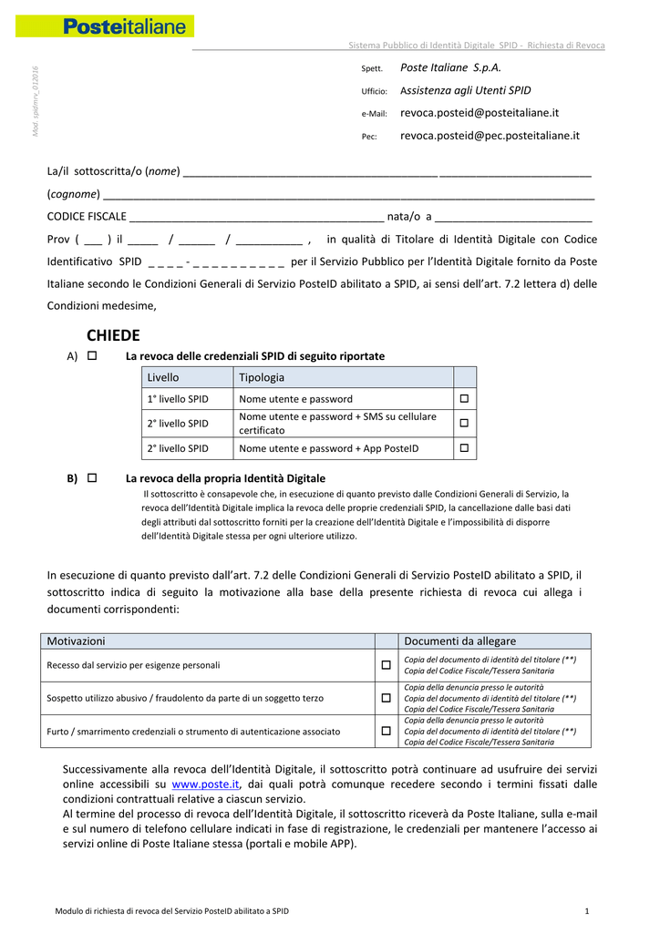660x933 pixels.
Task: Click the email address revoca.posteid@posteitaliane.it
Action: tap(480, 113)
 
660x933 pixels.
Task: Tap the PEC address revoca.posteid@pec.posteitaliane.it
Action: tap(490, 136)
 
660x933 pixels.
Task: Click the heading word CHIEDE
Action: tap(113, 336)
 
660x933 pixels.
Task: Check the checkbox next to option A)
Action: tap(92, 355)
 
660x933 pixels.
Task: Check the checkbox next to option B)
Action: tap(92, 477)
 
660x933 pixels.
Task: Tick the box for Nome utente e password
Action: tap(464, 399)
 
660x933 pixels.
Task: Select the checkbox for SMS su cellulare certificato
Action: tap(464, 423)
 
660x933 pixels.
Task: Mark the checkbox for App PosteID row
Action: tap(464, 448)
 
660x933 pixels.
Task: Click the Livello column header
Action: tap(163, 377)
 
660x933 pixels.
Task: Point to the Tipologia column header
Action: tap(262, 377)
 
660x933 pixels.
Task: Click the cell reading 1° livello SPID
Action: tap(178, 399)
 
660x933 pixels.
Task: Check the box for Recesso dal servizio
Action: tap(387, 665)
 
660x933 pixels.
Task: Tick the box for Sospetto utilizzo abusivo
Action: tap(387, 698)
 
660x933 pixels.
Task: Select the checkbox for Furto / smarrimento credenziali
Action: tap(387, 731)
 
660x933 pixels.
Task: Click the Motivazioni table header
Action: tap(77, 641)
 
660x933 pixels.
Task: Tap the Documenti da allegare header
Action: tap(459, 641)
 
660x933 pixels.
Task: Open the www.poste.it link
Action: tap(205, 784)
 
